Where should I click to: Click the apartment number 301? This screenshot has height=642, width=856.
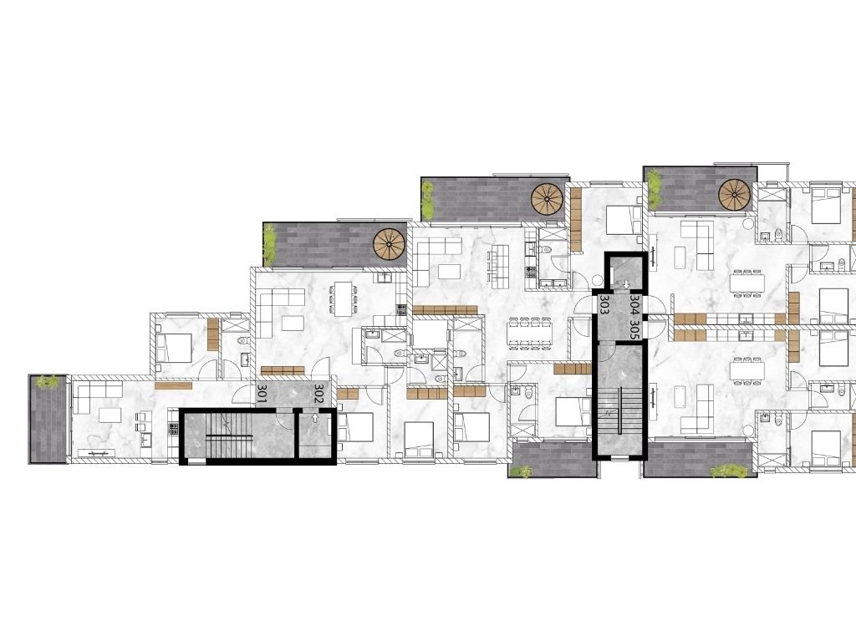point(262,395)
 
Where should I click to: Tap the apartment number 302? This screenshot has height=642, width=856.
point(318,395)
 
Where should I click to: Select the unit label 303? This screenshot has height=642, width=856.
point(604,304)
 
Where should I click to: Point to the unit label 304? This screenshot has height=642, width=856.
point(634,304)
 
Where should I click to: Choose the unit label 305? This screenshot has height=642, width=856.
point(634,329)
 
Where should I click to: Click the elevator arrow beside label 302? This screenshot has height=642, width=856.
point(315,418)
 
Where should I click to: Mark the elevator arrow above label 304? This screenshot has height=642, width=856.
point(626,284)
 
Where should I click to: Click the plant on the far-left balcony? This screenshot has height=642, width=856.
point(47,381)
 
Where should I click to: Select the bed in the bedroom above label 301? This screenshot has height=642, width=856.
point(174,347)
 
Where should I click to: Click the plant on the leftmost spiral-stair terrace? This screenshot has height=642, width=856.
point(268,245)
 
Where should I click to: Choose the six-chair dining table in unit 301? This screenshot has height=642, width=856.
point(343,298)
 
